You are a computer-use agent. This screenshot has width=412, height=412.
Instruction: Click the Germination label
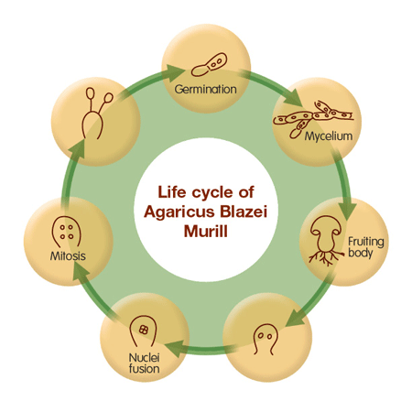(x=205, y=90)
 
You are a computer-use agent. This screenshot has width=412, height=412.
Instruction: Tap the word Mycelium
(x=329, y=136)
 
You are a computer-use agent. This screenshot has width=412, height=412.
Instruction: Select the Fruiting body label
(x=365, y=247)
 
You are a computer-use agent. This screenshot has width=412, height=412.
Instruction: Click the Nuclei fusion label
(x=144, y=363)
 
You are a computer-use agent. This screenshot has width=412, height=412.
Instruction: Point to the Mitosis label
(x=68, y=255)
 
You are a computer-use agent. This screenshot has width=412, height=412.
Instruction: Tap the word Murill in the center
(x=206, y=231)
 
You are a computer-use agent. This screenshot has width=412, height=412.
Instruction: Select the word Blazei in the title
(x=244, y=211)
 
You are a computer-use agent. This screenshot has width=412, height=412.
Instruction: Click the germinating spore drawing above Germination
(x=209, y=64)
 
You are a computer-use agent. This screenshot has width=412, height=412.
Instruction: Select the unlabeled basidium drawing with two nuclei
(x=266, y=339)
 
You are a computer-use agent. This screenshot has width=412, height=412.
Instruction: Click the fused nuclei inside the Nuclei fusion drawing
(x=144, y=330)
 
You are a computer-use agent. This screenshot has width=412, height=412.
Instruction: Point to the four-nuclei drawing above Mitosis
(x=66, y=232)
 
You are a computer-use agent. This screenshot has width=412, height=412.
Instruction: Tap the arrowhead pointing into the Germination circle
(x=175, y=73)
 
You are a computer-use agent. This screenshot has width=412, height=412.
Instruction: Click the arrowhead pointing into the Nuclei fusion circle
(x=175, y=348)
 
